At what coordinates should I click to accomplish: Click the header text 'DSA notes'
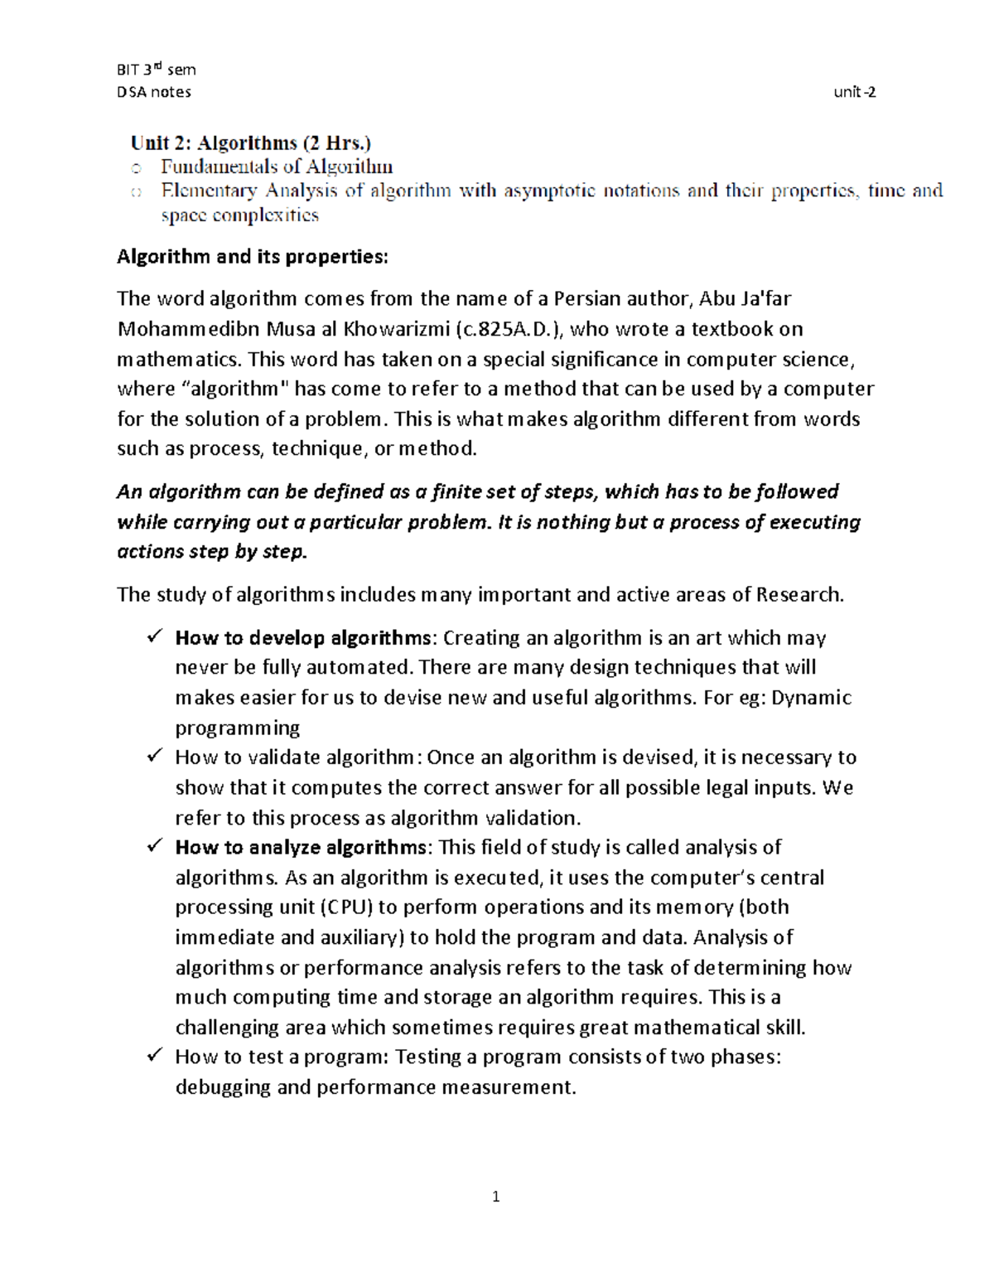pyautogui.click(x=154, y=92)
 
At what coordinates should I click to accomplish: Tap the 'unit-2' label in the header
pyautogui.click(x=855, y=92)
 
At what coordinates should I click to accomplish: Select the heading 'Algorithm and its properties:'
pyautogui.click(x=252, y=257)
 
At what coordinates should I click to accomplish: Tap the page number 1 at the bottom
pyautogui.click(x=495, y=1196)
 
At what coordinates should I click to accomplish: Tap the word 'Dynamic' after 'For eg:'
pyautogui.click(x=811, y=698)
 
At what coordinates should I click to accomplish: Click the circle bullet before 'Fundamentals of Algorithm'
pyautogui.click(x=136, y=169)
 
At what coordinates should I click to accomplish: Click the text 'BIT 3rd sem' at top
pyautogui.click(x=156, y=70)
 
